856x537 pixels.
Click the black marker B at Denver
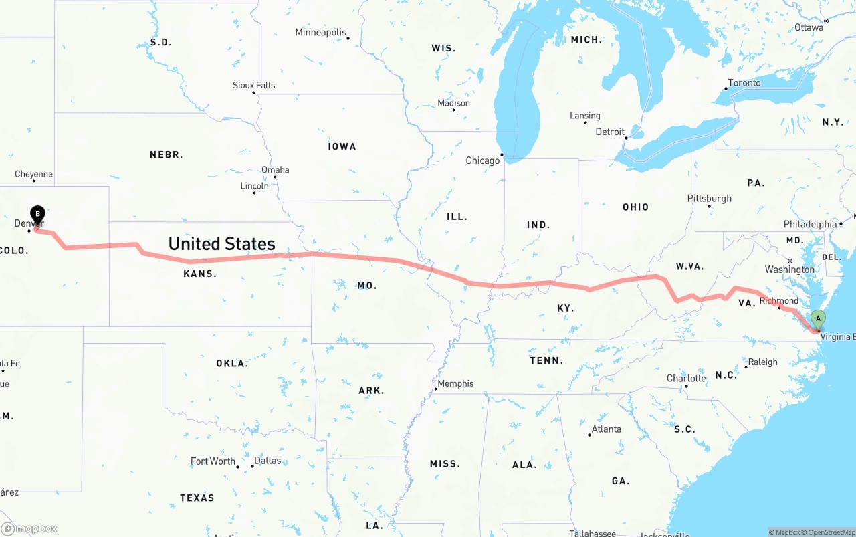point(38,214)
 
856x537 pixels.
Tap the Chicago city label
point(483,160)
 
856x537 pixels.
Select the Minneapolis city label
point(321,32)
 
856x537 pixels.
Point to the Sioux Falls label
point(253,85)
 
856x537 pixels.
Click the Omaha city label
point(276,169)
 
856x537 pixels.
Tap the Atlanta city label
point(607,429)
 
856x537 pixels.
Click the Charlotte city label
point(686,379)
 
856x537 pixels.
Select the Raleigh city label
point(763,362)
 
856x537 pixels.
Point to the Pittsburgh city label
point(710,198)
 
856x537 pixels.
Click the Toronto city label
point(744,83)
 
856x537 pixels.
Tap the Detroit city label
point(610,132)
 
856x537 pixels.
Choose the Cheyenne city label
point(33,174)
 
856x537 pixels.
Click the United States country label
point(221,243)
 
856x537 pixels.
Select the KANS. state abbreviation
point(200,274)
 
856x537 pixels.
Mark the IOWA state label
point(342,146)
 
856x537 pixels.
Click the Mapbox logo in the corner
point(29,528)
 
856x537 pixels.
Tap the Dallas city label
point(267,461)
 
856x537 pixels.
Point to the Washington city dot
point(790,261)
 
